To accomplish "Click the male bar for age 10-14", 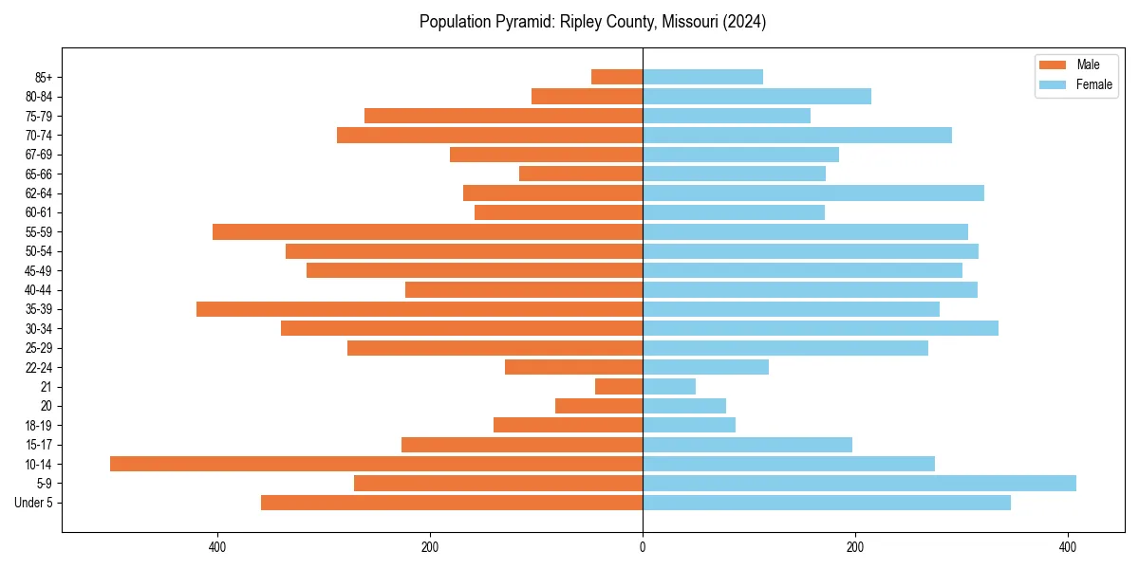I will point(376,464).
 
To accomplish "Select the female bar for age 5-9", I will point(859,484).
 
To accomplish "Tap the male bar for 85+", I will point(617,77).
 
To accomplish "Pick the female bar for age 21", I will point(669,387).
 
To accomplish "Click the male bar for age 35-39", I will point(420,309).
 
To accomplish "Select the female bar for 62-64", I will point(813,193).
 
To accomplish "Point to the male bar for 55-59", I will point(427,232).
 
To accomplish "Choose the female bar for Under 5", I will point(827,503).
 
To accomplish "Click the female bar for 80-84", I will point(756,97).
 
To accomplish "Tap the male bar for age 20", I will point(599,406).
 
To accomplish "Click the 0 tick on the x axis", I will point(643,547).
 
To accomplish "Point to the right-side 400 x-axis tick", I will point(1068,547).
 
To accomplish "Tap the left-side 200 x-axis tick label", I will point(430,547).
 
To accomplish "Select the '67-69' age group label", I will point(39,155).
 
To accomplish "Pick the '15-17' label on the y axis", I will point(39,445).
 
